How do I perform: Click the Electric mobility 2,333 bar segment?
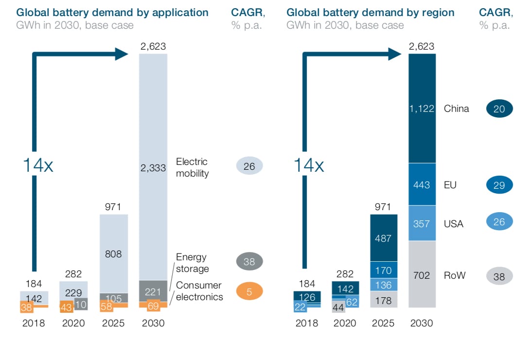(x=153, y=167)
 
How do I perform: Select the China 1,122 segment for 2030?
(x=422, y=108)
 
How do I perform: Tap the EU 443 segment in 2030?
(x=422, y=184)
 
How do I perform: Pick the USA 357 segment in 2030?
(x=422, y=223)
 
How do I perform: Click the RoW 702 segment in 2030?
(x=422, y=275)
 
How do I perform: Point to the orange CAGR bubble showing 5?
(x=249, y=292)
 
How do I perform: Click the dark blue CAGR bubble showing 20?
(x=499, y=109)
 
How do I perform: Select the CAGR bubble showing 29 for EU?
(x=499, y=185)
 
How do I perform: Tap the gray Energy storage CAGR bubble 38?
(x=249, y=262)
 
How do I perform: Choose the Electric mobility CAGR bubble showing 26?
(x=249, y=166)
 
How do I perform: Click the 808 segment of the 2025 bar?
(x=113, y=253)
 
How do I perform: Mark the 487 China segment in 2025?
(x=384, y=238)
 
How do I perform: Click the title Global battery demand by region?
(x=370, y=12)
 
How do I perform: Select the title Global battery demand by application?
(x=112, y=12)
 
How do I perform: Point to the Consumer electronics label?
(x=198, y=291)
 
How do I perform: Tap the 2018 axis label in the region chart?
(x=307, y=323)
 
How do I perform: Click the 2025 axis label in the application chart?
(x=113, y=323)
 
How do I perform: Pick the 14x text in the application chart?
(x=37, y=165)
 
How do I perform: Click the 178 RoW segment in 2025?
(x=384, y=300)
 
